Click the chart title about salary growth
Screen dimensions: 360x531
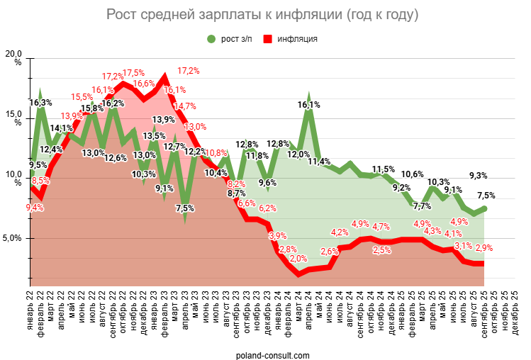(262, 14)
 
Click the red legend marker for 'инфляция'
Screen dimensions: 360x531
(267, 38)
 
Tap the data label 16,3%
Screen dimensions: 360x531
(40, 103)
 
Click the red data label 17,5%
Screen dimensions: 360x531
(134, 73)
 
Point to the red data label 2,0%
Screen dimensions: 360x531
(298, 259)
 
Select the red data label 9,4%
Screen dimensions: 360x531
(35, 208)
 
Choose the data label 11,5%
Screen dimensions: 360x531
(383, 169)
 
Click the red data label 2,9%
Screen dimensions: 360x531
(484, 248)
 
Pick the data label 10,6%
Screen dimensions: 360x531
(413, 174)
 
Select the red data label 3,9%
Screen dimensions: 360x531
(278, 236)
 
